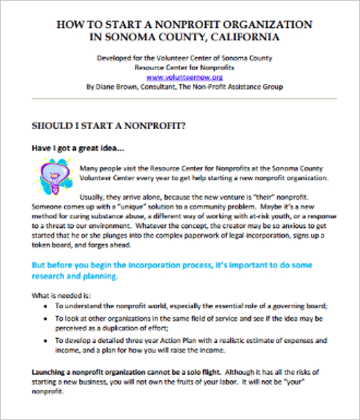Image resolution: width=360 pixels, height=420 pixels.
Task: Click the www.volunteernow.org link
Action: pos(184,77)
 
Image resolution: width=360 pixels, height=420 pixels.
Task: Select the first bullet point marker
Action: pos(47,305)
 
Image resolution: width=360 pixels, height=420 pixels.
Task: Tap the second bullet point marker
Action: pos(47,318)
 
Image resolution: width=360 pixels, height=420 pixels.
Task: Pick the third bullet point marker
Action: pos(47,341)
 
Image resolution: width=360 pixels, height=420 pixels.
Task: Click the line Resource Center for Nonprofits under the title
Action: pos(184,68)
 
